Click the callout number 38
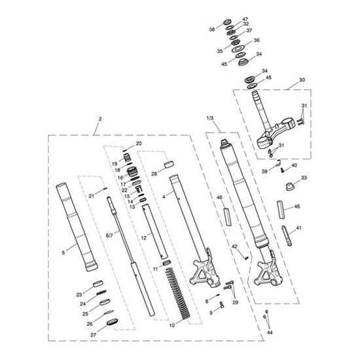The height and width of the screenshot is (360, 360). (x=212, y=29)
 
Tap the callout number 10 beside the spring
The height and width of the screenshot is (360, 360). (x=172, y=325)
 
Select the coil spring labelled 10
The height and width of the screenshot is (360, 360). (x=177, y=293)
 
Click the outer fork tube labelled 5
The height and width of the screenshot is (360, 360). (x=77, y=227)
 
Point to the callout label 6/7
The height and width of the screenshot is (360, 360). (x=109, y=236)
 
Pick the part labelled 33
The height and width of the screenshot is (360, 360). (x=290, y=187)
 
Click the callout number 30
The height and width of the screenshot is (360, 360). (x=302, y=80)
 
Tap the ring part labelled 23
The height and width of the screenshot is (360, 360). (x=98, y=284)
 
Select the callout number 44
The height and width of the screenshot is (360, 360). (x=270, y=333)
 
